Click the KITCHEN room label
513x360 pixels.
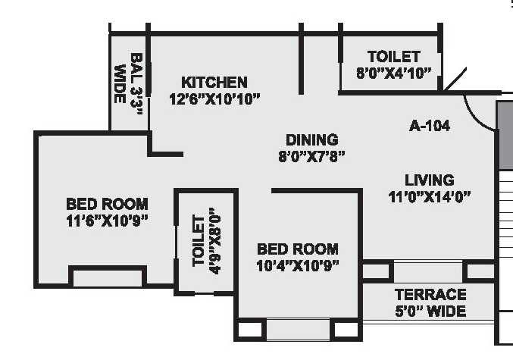[x=214, y=82]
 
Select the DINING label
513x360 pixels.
[x=311, y=139]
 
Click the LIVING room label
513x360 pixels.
[x=429, y=180]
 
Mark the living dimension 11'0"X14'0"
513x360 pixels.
[x=429, y=196]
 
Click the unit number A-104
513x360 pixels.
[x=429, y=126]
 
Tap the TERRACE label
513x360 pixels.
[x=430, y=294]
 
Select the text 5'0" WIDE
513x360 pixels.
[x=430, y=311]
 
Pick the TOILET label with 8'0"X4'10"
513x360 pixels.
[x=393, y=57]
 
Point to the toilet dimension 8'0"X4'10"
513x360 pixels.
[x=393, y=73]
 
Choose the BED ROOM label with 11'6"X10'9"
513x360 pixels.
[x=107, y=204]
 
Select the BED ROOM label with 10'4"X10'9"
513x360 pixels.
[x=297, y=249]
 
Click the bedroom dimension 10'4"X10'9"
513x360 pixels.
[x=297, y=265]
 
